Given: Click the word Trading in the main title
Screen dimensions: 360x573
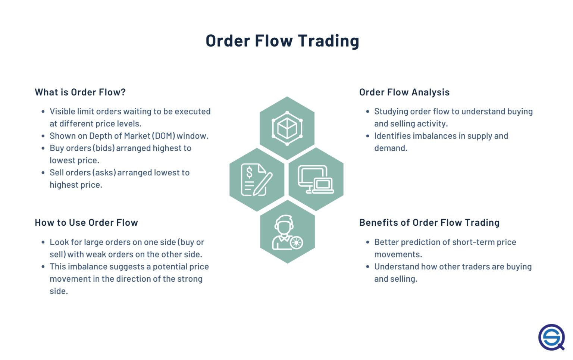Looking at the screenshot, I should (328, 41).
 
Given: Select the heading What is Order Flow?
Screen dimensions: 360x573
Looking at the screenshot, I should (80, 92).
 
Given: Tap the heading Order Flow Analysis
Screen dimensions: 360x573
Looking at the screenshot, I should (404, 92).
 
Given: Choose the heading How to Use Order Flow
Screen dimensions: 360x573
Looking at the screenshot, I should (86, 223).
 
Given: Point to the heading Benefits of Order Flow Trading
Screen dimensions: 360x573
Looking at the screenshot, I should (429, 223).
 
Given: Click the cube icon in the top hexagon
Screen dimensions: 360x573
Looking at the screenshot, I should (287, 128).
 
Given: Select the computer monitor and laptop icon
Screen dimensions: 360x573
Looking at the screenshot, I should (316, 179).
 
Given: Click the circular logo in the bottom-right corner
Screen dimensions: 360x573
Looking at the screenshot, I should (551, 337).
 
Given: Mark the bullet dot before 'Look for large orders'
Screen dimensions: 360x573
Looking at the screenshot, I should (43, 242).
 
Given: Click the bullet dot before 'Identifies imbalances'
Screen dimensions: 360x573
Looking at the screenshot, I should (368, 136).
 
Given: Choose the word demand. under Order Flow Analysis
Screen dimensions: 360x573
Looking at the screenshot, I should (391, 148).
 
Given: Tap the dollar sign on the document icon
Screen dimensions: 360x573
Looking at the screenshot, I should (249, 172).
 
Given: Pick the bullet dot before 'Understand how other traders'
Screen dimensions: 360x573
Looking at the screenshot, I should (368, 267).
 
